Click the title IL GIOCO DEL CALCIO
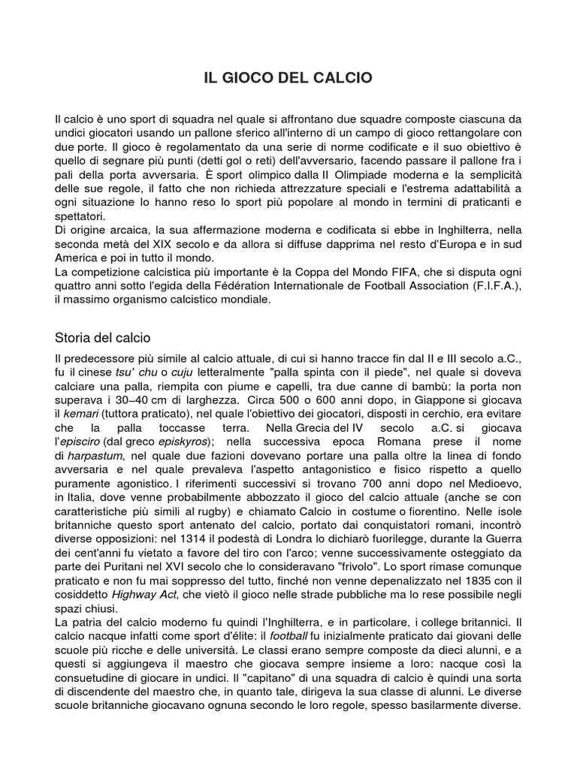coord(288,78)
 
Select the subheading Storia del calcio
coord(103,337)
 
